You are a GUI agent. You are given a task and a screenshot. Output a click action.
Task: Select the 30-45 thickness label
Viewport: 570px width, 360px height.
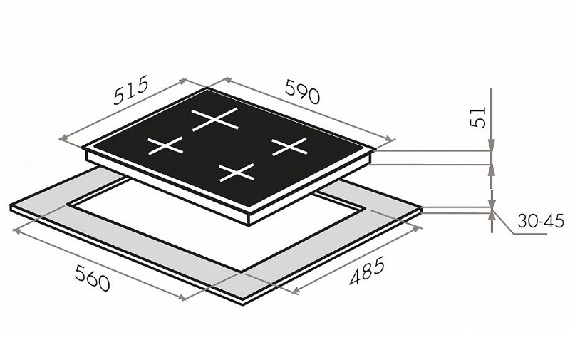541,221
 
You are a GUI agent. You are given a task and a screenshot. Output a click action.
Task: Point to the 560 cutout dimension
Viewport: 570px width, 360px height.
92,277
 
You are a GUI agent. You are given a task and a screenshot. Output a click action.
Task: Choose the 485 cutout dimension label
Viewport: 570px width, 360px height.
366,271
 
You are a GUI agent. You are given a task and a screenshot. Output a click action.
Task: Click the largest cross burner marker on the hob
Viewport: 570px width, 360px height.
215,119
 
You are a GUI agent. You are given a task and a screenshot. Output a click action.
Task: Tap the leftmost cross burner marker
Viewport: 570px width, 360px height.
165,145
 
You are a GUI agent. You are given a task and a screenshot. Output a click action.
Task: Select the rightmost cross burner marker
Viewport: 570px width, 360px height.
290,147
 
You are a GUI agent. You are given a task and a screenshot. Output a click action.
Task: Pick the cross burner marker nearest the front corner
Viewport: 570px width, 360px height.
237,173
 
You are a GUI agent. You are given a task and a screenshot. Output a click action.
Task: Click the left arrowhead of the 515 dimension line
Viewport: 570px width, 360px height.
63,138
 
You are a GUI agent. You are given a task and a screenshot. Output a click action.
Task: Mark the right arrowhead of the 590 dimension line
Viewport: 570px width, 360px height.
390,139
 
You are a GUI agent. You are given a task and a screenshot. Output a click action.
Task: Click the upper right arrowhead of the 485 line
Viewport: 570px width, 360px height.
418,229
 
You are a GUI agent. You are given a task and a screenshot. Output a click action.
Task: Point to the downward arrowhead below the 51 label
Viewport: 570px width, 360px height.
491,145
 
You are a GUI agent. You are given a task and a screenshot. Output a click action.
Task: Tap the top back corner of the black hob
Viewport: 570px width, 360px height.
207,88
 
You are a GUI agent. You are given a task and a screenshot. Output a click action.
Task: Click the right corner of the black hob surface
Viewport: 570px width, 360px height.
375,149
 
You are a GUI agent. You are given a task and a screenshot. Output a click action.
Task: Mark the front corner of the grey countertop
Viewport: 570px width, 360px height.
243,304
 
